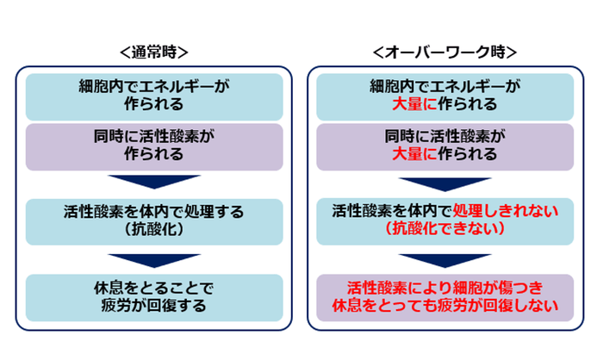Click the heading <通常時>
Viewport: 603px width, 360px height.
tap(154, 52)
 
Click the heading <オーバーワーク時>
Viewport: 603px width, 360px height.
tap(445, 52)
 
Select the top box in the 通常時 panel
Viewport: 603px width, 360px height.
tap(154, 96)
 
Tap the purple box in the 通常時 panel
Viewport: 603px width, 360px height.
tap(154, 146)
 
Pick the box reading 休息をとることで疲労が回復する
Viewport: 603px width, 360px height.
tap(154, 295)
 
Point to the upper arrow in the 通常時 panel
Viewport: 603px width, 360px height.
tap(154, 183)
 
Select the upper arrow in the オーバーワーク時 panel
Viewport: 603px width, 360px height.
tap(445, 183)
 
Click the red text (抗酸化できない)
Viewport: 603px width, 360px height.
tap(445, 229)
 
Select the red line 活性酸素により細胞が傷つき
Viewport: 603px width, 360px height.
tap(445, 287)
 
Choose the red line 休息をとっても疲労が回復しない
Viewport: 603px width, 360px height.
tap(445, 305)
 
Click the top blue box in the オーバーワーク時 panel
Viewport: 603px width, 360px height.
tap(445, 96)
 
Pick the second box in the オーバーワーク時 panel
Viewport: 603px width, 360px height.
tap(445, 146)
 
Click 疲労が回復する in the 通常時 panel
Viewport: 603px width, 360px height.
tap(154, 305)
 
